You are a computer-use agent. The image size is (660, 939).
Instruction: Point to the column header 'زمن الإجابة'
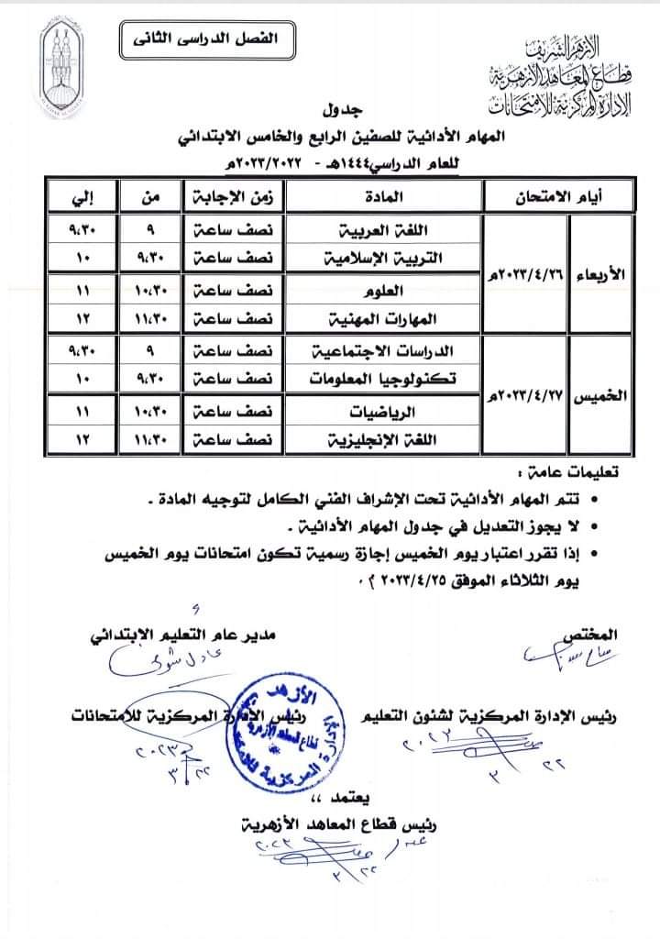tap(229, 196)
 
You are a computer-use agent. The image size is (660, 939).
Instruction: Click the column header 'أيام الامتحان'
tap(562, 196)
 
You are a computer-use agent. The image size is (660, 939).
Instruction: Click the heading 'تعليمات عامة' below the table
tap(575, 474)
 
